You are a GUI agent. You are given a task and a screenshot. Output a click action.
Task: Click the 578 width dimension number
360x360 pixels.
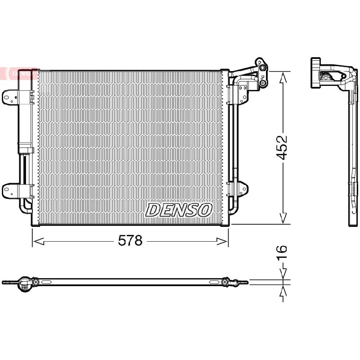(130, 240)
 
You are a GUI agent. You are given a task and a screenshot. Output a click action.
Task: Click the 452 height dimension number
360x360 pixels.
(281, 147)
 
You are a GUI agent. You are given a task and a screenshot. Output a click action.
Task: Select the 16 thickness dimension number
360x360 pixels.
(282, 252)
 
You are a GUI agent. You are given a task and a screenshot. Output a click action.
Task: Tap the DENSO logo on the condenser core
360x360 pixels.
(178, 210)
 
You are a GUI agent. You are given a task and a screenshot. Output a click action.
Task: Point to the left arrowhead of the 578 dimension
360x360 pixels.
(38, 241)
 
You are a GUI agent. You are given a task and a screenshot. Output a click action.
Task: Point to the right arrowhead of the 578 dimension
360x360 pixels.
(222, 241)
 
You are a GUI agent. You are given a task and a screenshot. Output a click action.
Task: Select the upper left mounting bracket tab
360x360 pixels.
(9, 98)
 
